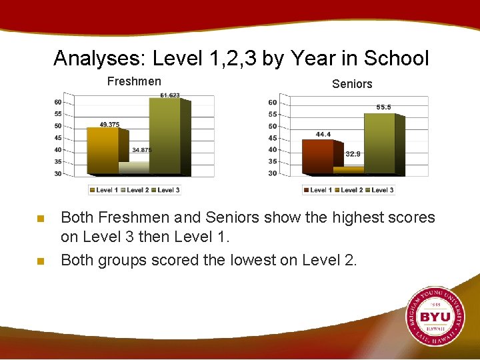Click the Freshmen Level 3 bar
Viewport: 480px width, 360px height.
[165, 137]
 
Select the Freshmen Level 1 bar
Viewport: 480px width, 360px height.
[102, 151]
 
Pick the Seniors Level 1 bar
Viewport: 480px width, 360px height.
[318, 157]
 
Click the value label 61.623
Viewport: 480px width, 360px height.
[170, 95]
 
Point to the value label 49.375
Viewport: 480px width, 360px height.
[110, 125]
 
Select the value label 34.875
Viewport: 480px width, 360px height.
[141, 150]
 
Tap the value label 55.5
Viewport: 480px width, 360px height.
[383, 107]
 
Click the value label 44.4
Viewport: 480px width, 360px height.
[323, 134]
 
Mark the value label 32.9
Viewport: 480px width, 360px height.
[353, 154]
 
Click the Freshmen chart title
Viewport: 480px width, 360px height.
[134, 81]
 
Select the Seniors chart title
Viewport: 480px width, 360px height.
[352, 84]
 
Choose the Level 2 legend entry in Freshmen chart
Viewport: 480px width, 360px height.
[135, 190]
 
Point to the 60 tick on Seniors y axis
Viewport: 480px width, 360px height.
[272, 103]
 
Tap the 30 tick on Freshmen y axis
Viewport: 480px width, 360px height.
[58, 174]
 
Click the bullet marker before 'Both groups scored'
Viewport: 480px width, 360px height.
[41, 261]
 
